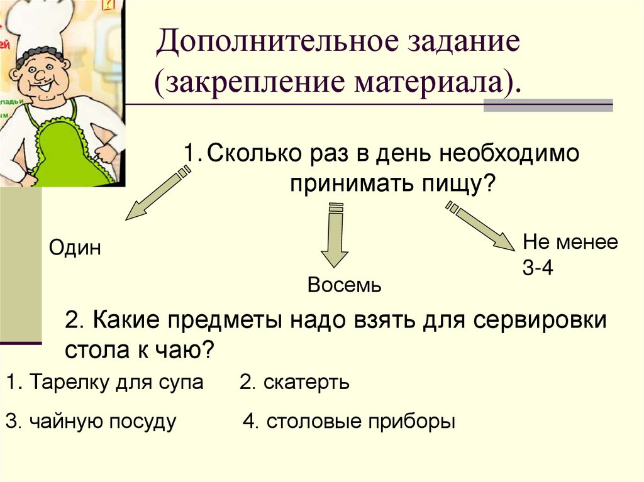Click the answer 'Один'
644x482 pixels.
pos(75,248)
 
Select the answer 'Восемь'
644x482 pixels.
pos(344,286)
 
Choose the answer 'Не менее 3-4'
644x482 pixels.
pos(570,255)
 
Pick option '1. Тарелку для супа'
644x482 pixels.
pos(104,382)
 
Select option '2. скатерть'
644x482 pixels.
pos(294,382)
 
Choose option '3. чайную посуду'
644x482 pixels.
pos(91,421)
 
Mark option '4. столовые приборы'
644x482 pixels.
pos(348,421)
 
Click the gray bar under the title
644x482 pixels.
pos(548,104)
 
